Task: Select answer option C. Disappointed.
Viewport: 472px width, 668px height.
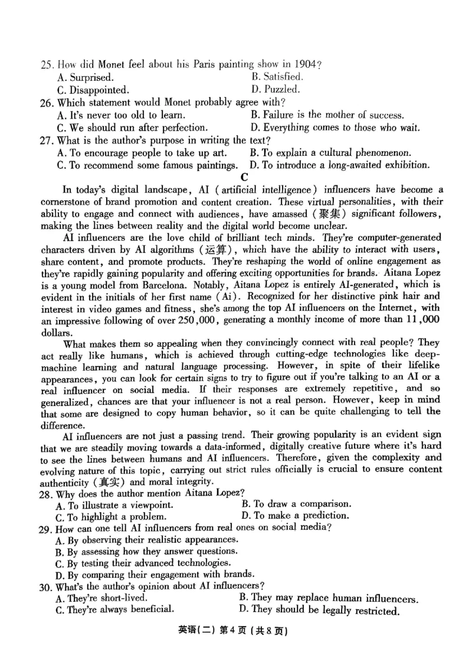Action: click(x=93, y=90)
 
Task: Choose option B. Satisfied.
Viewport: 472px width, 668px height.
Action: click(x=277, y=77)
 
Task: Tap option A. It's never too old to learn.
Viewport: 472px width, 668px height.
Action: click(x=121, y=116)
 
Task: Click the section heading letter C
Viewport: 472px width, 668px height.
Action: click(x=244, y=177)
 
